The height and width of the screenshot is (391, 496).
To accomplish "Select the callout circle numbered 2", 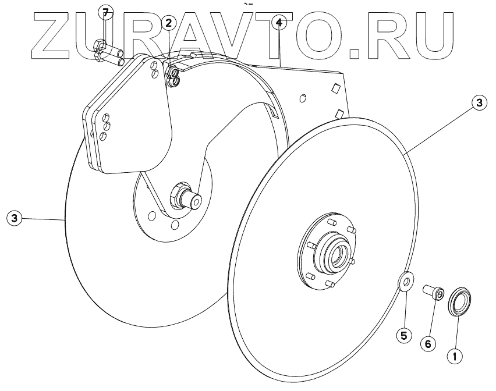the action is (x=168, y=23).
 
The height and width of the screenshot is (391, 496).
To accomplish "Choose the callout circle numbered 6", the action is (x=428, y=344).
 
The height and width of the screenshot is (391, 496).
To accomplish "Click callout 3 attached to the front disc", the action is (x=479, y=103).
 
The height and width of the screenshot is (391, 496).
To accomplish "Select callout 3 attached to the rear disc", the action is (x=13, y=219).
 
